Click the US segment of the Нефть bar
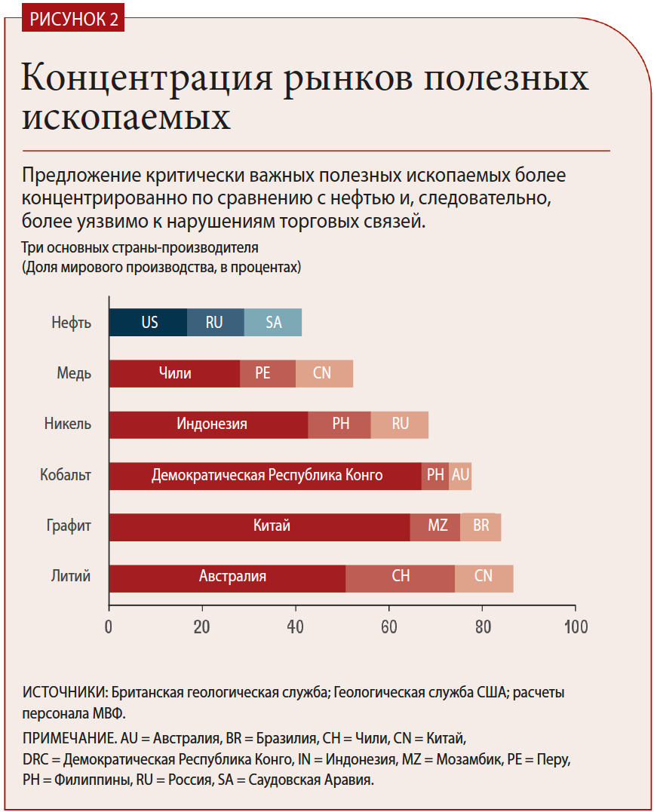(149, 322)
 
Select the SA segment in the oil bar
(273, 322)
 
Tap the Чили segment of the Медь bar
(174, 373)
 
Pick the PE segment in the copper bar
(263, 373)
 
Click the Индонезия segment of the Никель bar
(209, 424)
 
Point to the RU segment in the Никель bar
(400, 424)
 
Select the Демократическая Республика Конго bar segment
(266, 476)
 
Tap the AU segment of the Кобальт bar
(460, 476)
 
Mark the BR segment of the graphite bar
(481, 526)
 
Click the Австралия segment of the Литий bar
(227, 578)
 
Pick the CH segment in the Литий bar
(401, 578)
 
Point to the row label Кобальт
(66, 476)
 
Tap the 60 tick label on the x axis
(389, 627)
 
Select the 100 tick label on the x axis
(576, 627)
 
